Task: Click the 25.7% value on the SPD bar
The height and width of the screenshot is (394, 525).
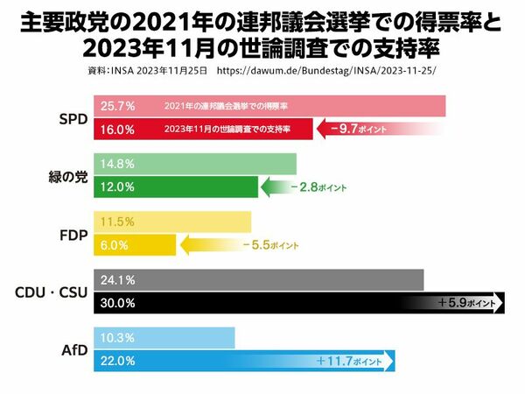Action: pos(117,106)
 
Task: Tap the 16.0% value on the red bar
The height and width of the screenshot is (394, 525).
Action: pos(117,130)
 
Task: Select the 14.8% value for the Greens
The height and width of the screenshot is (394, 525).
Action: pos(117,164)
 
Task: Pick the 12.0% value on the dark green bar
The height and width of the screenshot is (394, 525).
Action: pos(117,186)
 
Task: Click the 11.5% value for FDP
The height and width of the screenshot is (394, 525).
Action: pos(116,222)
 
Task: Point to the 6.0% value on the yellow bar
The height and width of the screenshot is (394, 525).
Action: pos(115,245)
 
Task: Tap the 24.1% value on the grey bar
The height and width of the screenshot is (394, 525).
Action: pos(117,280)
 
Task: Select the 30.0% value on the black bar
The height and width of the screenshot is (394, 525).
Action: pos(117,303)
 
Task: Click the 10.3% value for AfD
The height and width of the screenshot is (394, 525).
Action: pos(117,337)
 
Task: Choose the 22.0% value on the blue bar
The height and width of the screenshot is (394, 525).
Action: pos(117,361)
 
